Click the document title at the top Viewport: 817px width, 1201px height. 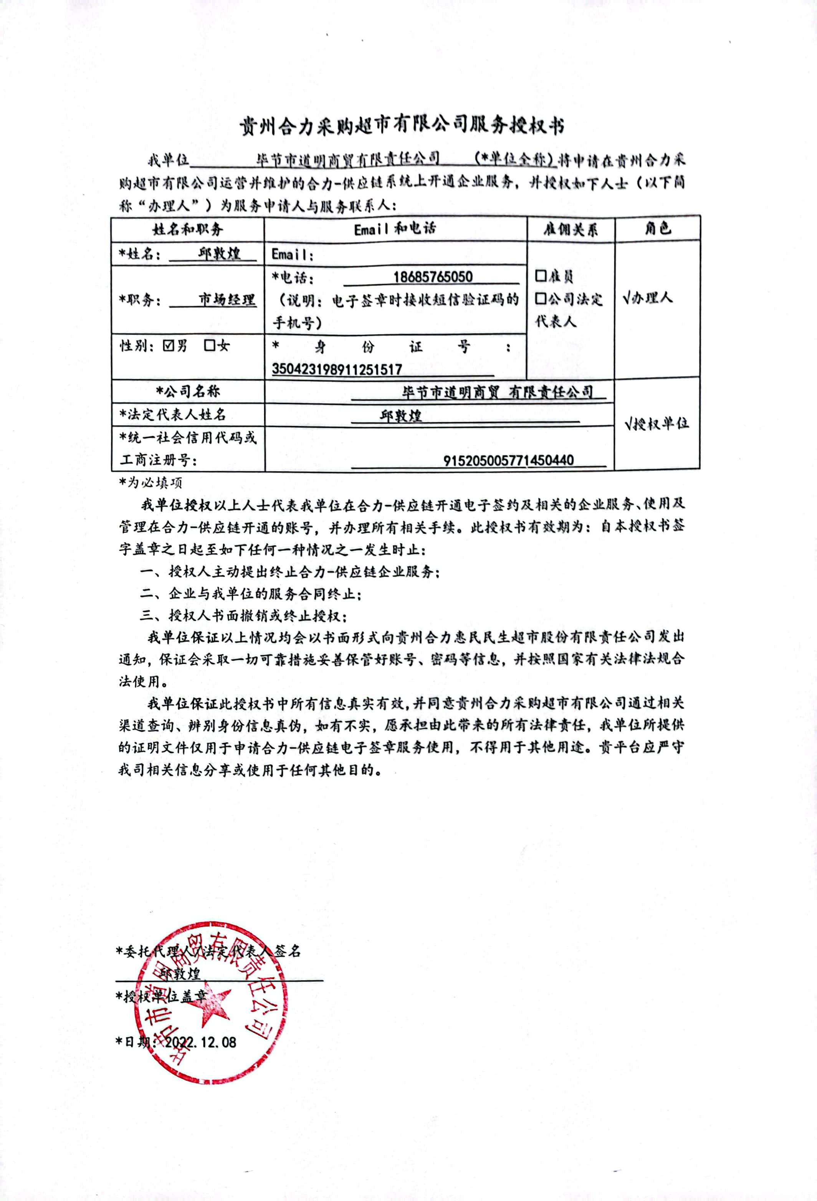pyautogui.click(x=402, y=126)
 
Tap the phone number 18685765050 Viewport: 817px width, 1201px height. pyautogui.click(x=433, y=276)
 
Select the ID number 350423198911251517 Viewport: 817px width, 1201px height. pyautogui.click(x=337, y=369)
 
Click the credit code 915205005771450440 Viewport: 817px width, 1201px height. pyautogui.click(x=508, y=460)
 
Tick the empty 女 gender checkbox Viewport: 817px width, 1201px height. pyautogui.click(x=209, y=346)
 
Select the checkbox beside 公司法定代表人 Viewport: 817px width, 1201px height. pyautogui.click(x=541, y=299)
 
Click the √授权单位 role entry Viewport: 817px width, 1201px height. pyautogui.click(x=656, y=424)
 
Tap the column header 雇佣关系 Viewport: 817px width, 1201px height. pyautogui.click(x=571, y=229)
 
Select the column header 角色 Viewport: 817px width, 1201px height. pyautogui.click(x=657, y=228)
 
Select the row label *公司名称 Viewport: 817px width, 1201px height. pyautogui.click(x=188, y=391)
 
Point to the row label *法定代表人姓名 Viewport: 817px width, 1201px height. pyautogui.click(x=173, y=414)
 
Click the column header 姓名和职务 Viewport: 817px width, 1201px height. pyautogui.click(x=188, y=229)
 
